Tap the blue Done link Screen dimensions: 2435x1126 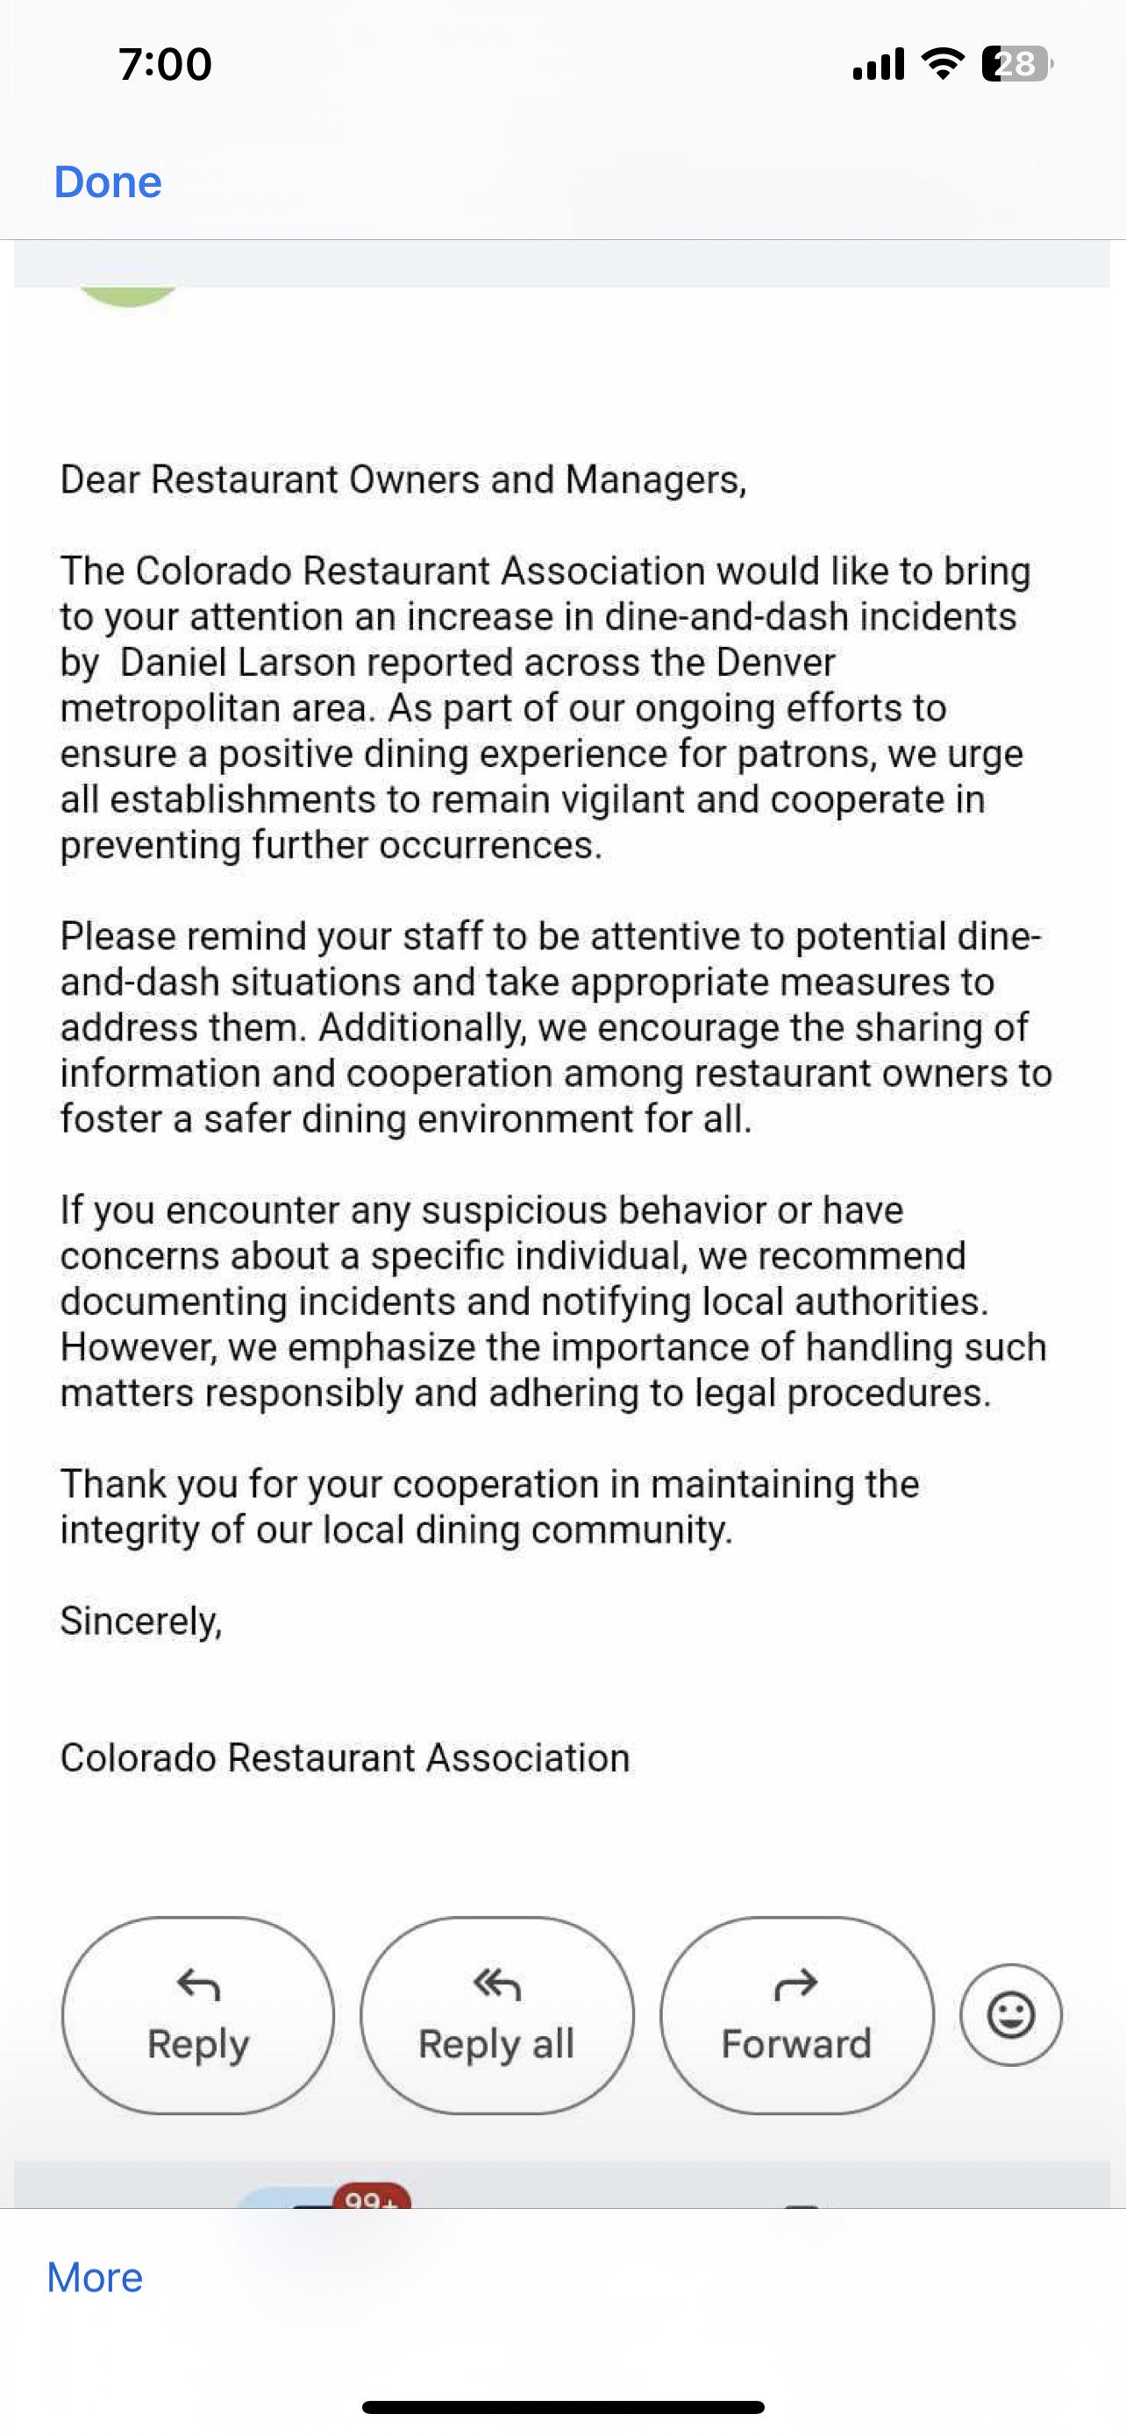click(x=108, y=181)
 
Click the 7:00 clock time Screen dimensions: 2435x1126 click(x=166, y=64)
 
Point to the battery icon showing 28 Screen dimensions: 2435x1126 click(x=1017, y=64)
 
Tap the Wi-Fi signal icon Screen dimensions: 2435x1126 click(x=943, y=64)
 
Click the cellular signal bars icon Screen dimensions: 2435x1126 click(x=879, y=64)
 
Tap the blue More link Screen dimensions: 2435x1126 click(x=95, y=2278)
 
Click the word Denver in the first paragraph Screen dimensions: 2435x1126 click(x=775, y=663)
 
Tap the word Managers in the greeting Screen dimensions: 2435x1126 click(x=654, y=480)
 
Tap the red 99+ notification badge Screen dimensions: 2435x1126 click(x=372, y=2197)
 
